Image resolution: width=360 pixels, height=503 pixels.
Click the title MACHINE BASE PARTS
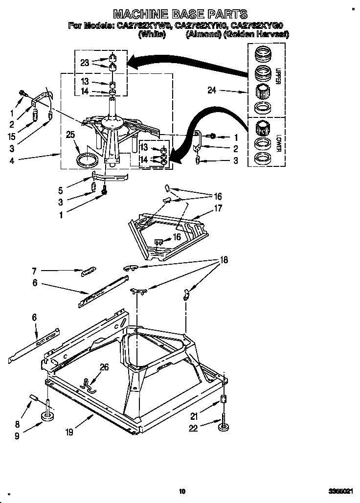coord(180,14)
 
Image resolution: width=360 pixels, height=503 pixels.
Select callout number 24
coord(211,91)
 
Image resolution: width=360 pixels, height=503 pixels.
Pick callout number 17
coord(218,208)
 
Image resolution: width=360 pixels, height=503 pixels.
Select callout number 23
coord(85,62)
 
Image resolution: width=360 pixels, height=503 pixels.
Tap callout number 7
coord(34,270)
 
